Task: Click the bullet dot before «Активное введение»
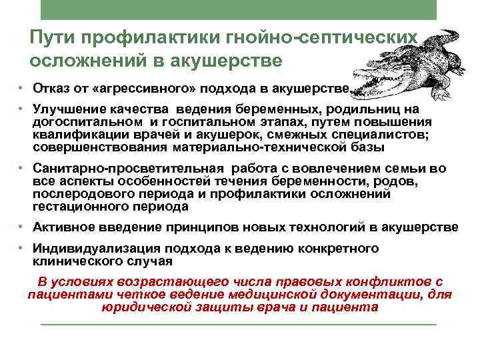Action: coord(22,227)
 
